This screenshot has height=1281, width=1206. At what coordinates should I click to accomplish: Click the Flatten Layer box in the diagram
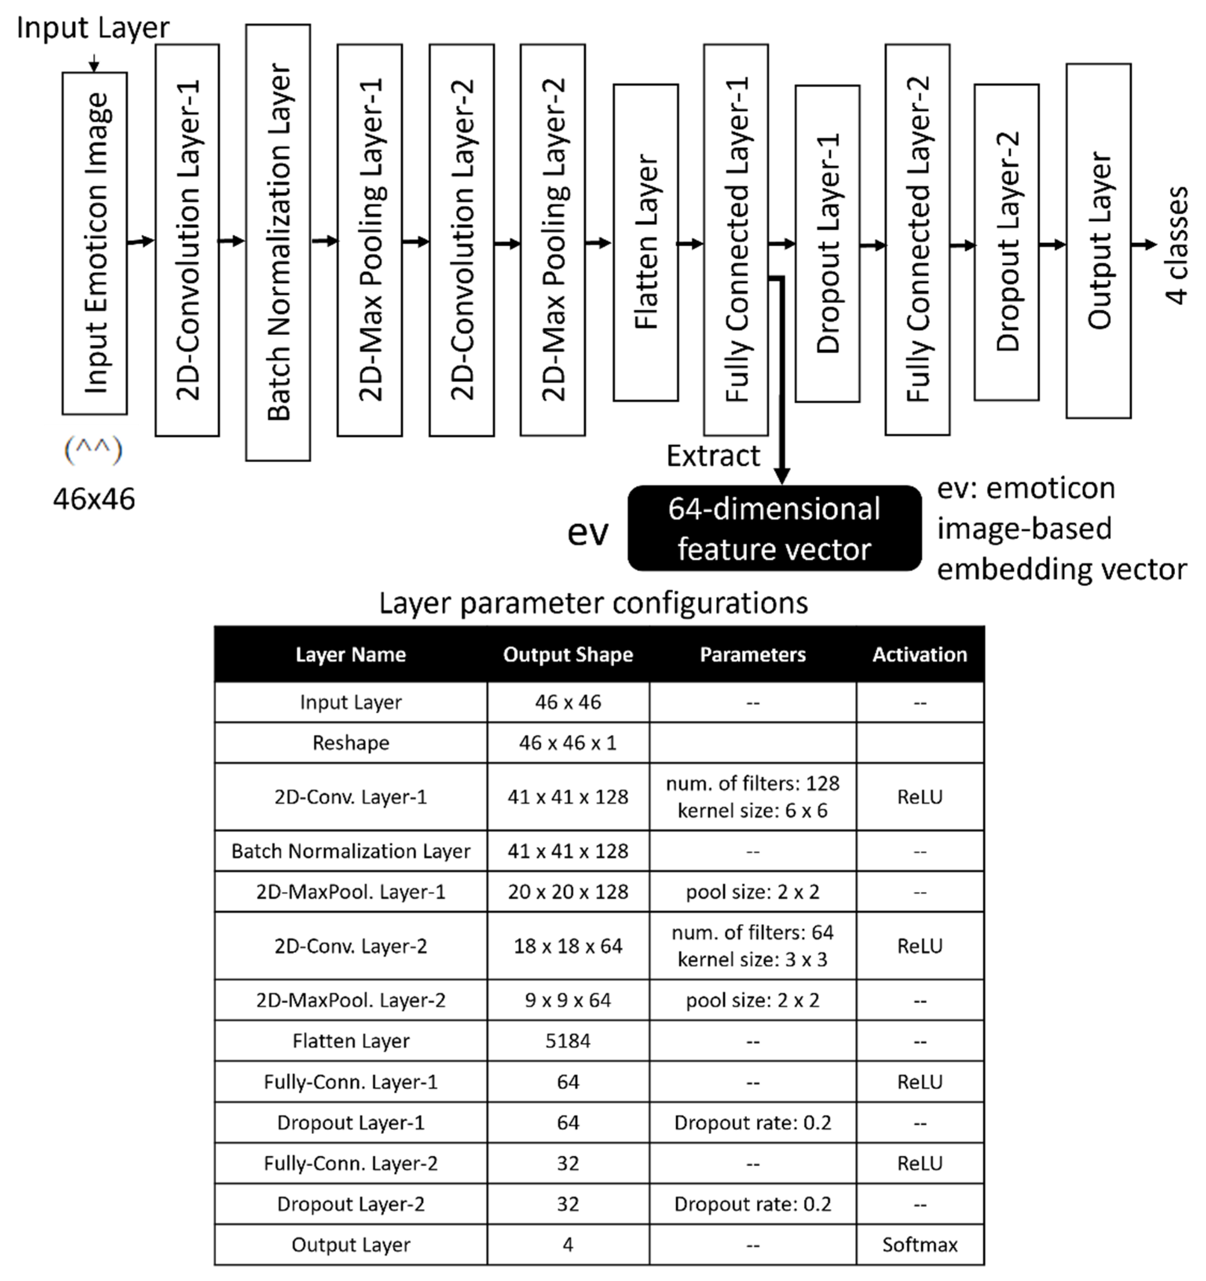tap(645, 242)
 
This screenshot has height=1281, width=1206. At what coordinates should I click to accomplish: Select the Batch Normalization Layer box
tap(278, 242)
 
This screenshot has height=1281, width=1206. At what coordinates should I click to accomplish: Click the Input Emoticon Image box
tap(95, 243)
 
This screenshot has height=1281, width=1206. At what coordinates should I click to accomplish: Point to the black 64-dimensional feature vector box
tap(774, 528)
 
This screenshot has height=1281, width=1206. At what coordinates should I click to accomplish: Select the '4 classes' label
tap(1177, 245)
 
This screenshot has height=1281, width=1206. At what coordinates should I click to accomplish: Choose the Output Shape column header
tap(568, 655)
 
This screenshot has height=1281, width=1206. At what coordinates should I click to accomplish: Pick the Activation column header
tap(919, 655)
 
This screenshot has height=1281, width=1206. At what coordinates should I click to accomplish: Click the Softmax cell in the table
tap(919, 1244)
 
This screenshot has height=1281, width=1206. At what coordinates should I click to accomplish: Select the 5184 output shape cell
tap(568, 1041)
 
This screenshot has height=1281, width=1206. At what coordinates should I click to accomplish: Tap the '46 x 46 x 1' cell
tap(568, 743)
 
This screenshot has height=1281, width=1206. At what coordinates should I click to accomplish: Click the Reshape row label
tap(351, 743)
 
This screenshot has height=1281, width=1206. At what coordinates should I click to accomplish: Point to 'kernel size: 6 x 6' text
tap(752, 811)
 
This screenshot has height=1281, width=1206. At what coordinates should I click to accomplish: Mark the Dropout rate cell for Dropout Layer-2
tap(752, 1204)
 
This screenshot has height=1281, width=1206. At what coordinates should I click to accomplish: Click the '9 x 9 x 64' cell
tap(568, 1000)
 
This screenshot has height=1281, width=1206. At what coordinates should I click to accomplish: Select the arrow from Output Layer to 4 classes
tap(1144, 245)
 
